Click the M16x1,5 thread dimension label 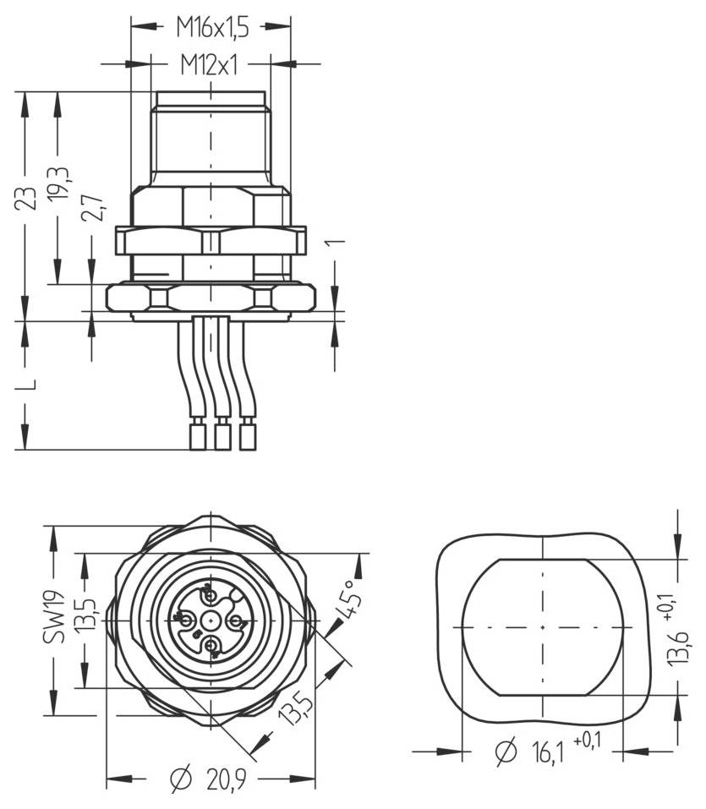click(x=212, y=28)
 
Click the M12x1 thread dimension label click(x=209, y=63)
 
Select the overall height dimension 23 click(x=29, y=199)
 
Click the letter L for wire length click(x=29, y=385)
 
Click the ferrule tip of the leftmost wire click(x=196, y=437)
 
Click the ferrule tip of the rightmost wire click(x=248, y=437)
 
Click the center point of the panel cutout click(x=542, y=627)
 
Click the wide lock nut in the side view click(x=210, y=241)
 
